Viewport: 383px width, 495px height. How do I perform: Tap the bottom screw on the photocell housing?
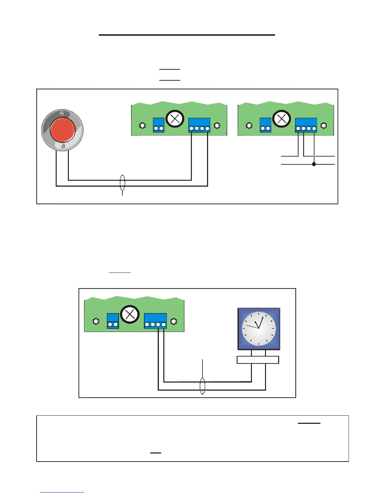[x=63, y=146]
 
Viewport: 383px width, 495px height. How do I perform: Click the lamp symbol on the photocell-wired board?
[x=175, y=119]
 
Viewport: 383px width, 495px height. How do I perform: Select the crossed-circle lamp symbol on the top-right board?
[x=282, y=119]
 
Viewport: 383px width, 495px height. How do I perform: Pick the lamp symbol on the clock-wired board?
[x=130, y=314]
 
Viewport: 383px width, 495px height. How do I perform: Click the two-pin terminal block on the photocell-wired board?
[x=159, y=125]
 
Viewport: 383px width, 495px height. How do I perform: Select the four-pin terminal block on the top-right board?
[x=306, y=125]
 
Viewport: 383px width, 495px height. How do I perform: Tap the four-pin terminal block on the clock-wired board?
[x=155, y=321]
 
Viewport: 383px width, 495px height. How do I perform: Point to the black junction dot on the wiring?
[x=314, y=164]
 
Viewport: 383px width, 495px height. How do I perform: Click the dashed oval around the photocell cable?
[x=122, y=183]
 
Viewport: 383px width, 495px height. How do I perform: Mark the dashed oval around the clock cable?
[x=202, y=386]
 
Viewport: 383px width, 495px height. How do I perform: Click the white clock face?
[x=259, y=329]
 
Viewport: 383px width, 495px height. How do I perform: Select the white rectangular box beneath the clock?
[x=258, y=360]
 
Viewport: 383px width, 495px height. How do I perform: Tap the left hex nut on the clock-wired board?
[x=96, y=321]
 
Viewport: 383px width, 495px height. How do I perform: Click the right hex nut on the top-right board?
[x=324, y=126]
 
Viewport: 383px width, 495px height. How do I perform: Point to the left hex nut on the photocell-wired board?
[x=142, y=126]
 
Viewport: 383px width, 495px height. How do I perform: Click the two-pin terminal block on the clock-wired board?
[x=113, y=321]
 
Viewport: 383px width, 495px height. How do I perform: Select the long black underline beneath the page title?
[x=187, y=35]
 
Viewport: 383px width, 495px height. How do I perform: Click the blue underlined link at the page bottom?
[x=62, y=492]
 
